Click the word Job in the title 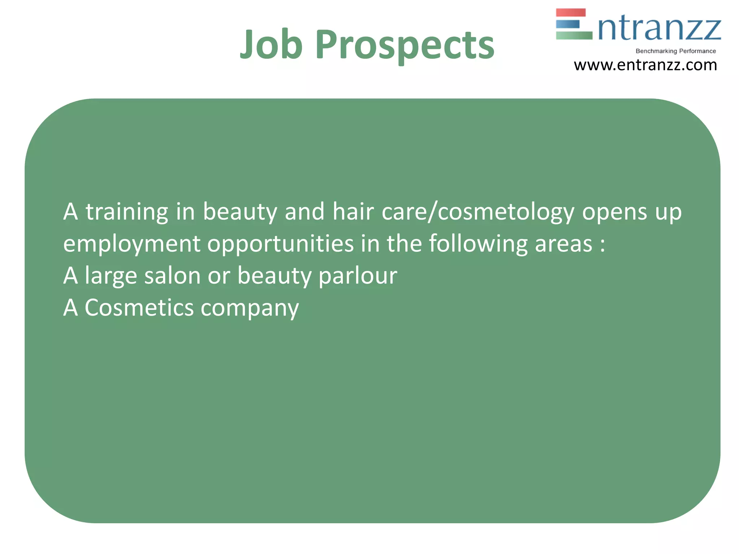(x=271, y=45)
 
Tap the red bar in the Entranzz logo (x=570, y=13)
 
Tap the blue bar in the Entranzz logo (x=568, y=24)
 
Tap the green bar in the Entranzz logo (x=574, y=35)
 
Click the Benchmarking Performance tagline (x=675, y=51)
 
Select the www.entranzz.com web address (x=645, y=65)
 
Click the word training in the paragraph (x=127, y=212)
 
